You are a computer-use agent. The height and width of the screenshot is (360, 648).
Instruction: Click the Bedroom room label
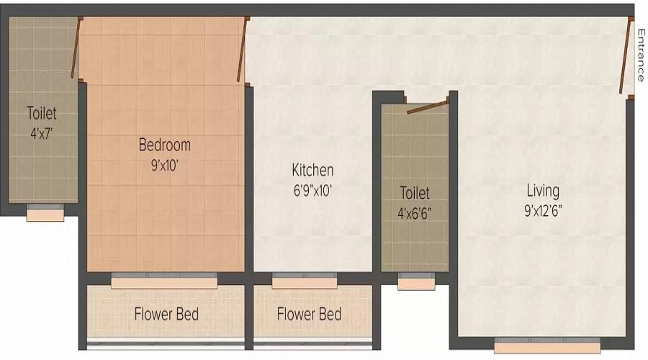pyautogui.click(x=164, y=145)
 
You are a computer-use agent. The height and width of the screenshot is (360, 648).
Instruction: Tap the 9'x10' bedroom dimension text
pyautogui.click(x=164, y=166)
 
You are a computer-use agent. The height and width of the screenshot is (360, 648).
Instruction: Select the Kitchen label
pyautogui.click(x=312, y=171)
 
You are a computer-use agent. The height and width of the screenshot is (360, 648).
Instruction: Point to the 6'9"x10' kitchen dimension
pyautogui.click(x=313, y=191)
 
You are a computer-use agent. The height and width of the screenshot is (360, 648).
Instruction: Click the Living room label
pyautogui.click(x=543, y=191)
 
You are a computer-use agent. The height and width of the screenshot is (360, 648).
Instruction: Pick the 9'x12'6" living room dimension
pyautogui.click(x=543, y=211)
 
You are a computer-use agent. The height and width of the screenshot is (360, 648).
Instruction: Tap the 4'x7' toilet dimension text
pyautogui.click(x=42, y=133)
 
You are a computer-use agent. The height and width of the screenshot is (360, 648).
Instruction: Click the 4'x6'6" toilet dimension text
pyautogui.click(x=415, y=214)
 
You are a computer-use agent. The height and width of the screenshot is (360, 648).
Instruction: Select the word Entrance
pyautogui.click(x=641, y=55)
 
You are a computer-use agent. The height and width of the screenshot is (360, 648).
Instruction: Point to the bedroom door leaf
pyautogui.click(x=242, y=50)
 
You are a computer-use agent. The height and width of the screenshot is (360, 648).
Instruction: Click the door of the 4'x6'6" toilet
pyautogui.click(x=427, y=107)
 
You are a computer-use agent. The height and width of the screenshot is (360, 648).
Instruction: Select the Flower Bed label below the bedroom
pyautogui.click(x=166, y=314)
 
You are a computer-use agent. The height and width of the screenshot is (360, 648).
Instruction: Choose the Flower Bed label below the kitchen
pyautogui.click(x=309, y=314)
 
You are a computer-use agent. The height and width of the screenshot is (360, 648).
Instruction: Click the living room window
pyautogui.click(x=547, y=345)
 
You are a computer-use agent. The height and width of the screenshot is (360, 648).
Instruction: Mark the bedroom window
pyautogui.click(x=164, y=281)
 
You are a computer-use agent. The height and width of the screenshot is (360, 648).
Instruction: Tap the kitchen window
pyautogui.click(x=305, y=281)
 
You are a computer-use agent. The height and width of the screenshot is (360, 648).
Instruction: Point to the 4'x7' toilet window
pyautogui.click(x=45, y=212)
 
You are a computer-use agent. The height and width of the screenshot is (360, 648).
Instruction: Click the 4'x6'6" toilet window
pyautogui.click(x=416, y=281)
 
